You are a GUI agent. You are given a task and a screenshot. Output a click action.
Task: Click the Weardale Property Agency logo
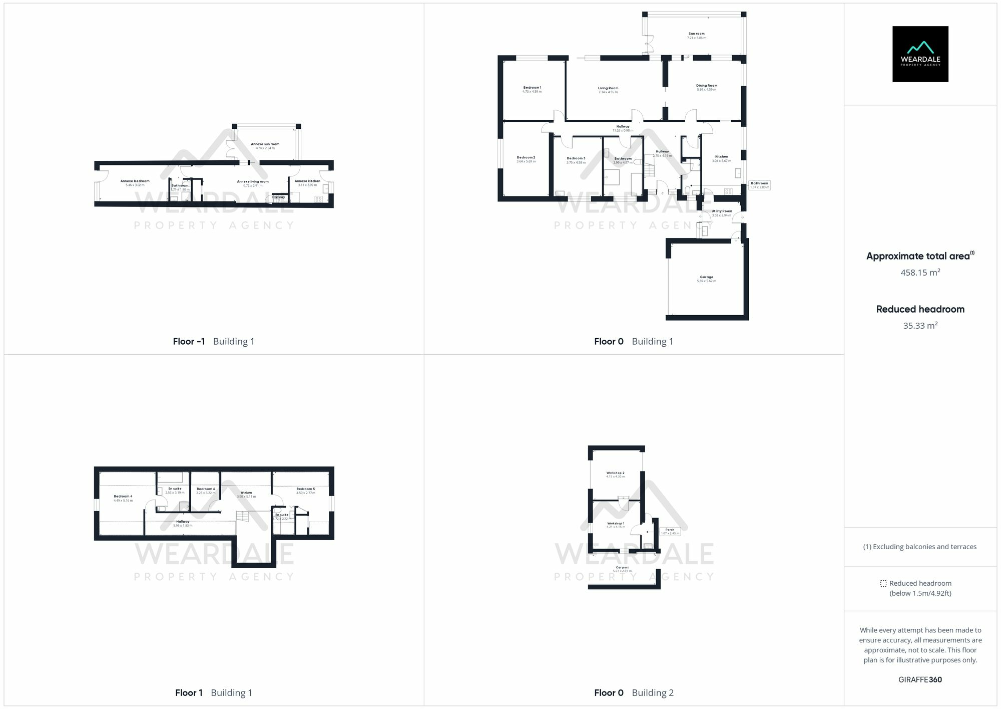tap(920, 54)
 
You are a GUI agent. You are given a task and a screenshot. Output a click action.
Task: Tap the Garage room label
tap(706, 277)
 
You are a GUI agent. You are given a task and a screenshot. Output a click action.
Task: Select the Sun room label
tap(696, 34)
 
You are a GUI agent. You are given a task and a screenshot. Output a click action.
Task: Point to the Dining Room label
tap(706, 86)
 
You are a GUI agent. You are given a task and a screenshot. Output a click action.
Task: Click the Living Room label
tap(608, 89)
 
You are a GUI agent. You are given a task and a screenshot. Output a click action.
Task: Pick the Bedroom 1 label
tap(532, 88)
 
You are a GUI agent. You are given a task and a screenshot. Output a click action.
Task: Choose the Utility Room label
tap(721, 211)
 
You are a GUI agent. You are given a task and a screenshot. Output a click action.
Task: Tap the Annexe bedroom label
tap(135, 181)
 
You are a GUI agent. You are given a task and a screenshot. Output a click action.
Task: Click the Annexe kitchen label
tap(307, 181)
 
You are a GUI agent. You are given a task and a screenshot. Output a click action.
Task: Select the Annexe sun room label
tap(265, 144)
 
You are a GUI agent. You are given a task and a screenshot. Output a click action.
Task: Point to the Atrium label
tap(246, 493)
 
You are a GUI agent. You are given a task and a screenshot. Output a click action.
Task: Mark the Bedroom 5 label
tap(305, 489)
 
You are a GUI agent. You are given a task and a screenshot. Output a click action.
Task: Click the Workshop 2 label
tap(615, 473)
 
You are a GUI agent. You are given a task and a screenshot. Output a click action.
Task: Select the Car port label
tap(622, 568)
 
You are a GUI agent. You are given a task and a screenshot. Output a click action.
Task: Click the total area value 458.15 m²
tap(920, 273)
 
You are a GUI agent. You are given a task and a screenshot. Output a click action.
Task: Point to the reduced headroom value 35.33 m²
tap(920, 326)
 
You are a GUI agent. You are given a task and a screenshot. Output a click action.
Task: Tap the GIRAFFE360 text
tap(920, 680)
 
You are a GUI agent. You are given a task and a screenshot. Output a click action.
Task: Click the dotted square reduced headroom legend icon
tap(883, 583)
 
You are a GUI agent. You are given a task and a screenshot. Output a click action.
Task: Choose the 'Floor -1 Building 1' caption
tap(214, 342)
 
